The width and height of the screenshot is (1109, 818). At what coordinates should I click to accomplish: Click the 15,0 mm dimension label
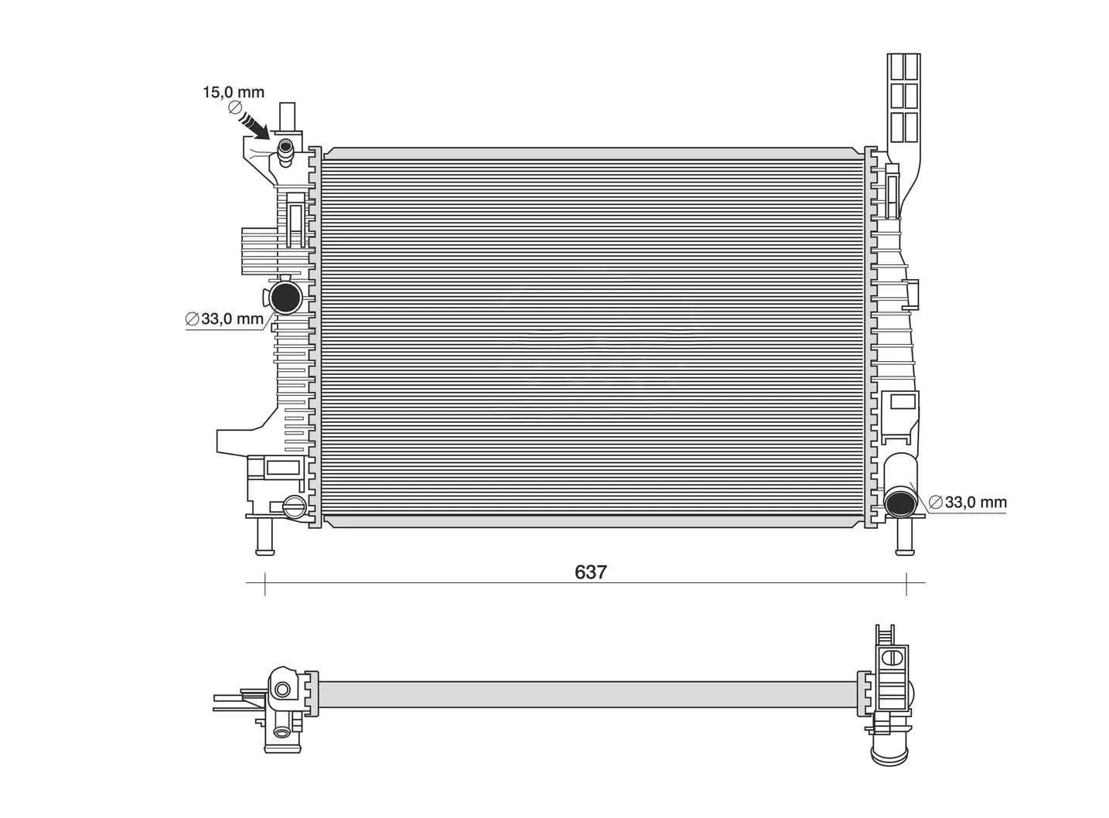click(233, 92)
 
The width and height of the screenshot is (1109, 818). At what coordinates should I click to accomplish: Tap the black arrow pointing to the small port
click(254, 125)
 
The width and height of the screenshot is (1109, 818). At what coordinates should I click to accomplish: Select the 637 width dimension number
click(591, 572)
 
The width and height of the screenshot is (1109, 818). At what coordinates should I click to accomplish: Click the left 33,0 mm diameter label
click(224, 319)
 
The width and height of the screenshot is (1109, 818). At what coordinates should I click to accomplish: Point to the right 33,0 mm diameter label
click(967, 502)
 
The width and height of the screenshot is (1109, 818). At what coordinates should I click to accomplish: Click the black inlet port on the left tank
click(285, 298)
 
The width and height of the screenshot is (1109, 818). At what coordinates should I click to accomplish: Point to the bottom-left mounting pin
click(265, 537)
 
